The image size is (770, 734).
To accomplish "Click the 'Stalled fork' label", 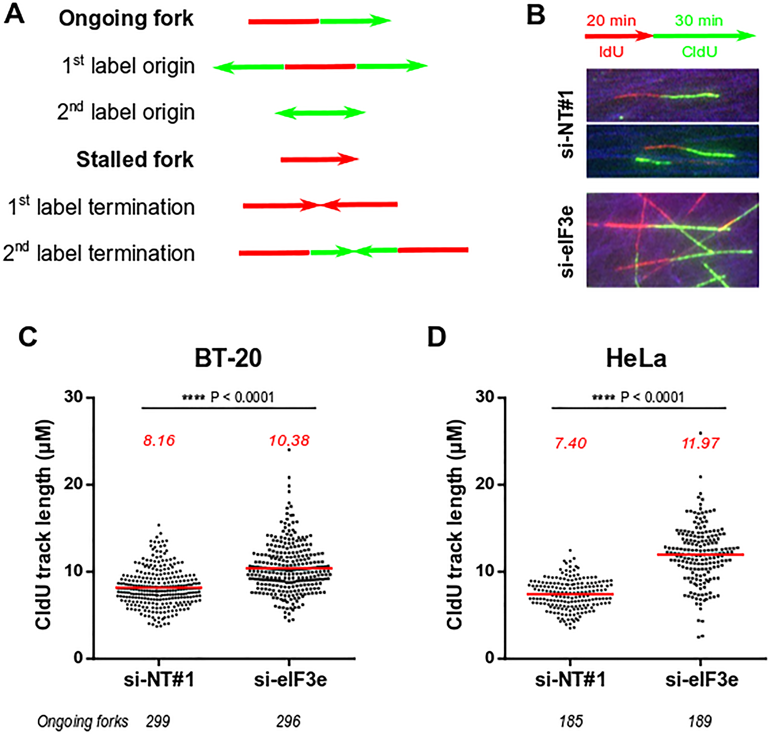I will [135, 159].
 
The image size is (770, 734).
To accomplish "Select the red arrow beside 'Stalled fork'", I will [319, 159].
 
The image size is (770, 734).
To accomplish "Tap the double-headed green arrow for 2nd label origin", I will [320, 113].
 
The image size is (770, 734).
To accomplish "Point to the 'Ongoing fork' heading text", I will [126, 18].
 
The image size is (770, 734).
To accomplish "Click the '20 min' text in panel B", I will [611, 20].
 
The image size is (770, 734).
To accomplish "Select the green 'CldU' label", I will [699, 52].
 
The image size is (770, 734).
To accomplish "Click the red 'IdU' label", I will [611, 52].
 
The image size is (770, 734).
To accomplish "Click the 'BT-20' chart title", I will [228, 358].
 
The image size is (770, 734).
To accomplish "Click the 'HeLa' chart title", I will [636, 358].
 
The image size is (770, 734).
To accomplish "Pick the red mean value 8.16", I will [159, 441].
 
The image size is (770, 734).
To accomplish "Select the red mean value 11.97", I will [700, 443].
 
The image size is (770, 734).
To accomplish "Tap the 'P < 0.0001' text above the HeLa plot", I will [652, 397].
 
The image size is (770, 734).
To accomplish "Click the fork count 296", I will [288, 721].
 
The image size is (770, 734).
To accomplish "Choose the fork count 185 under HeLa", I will [571, 721].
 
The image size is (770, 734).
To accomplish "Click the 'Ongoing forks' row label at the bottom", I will [82, 721].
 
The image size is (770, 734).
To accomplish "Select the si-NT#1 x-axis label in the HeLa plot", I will [570, 680].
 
